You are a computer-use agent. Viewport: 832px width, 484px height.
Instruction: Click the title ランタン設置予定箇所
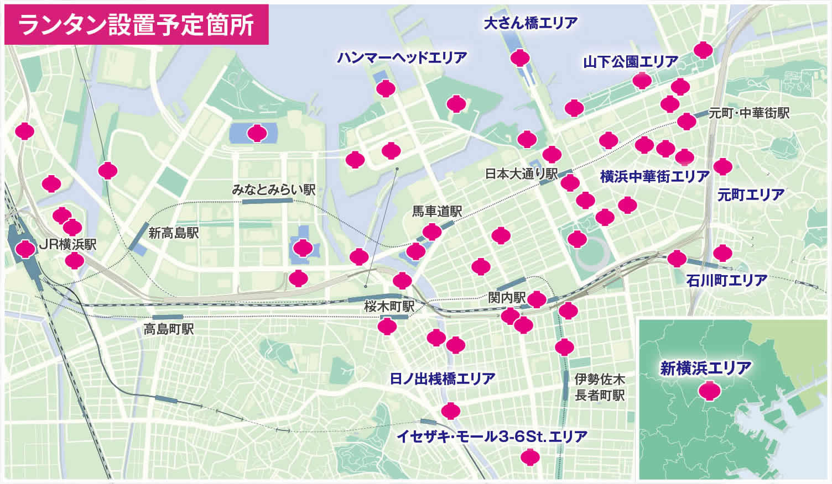[x=136, y=25]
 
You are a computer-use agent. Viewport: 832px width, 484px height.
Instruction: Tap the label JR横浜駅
[x=67, y=245]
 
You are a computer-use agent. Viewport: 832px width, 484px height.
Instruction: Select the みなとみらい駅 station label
[x=273, y=190]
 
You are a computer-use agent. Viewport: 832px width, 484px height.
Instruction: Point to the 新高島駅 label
[x=173, y=233]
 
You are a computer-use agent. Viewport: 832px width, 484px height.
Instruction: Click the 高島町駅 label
[x=169, y=329]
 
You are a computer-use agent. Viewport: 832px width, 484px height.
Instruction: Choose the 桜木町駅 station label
[x=389, y=306]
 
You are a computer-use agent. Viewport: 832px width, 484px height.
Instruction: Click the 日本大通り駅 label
[x=521, y=174]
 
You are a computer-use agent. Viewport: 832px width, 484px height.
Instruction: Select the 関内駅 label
[x=506, y=297]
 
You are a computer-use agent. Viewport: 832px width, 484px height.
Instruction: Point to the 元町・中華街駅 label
[x=749, y=113]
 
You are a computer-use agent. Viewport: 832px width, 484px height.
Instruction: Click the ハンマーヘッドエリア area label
[x=402, y=57]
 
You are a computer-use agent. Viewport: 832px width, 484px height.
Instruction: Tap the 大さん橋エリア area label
[x=530, y=23]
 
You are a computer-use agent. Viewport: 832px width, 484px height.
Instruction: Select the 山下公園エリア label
[x=631, y=62]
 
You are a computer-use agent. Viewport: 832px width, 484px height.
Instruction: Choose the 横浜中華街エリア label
[x=654, y=177]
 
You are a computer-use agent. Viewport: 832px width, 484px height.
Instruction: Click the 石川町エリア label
[x=726, y=280]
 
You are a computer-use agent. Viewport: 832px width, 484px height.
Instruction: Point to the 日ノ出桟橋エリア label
[x=442, y=378]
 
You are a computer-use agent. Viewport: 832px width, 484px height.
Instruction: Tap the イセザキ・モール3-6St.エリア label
[x=492, y=436]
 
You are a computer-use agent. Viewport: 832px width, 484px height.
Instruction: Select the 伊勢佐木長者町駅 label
[x=600, y=387]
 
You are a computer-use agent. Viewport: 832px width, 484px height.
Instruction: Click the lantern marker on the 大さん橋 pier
[x=520, y=57]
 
